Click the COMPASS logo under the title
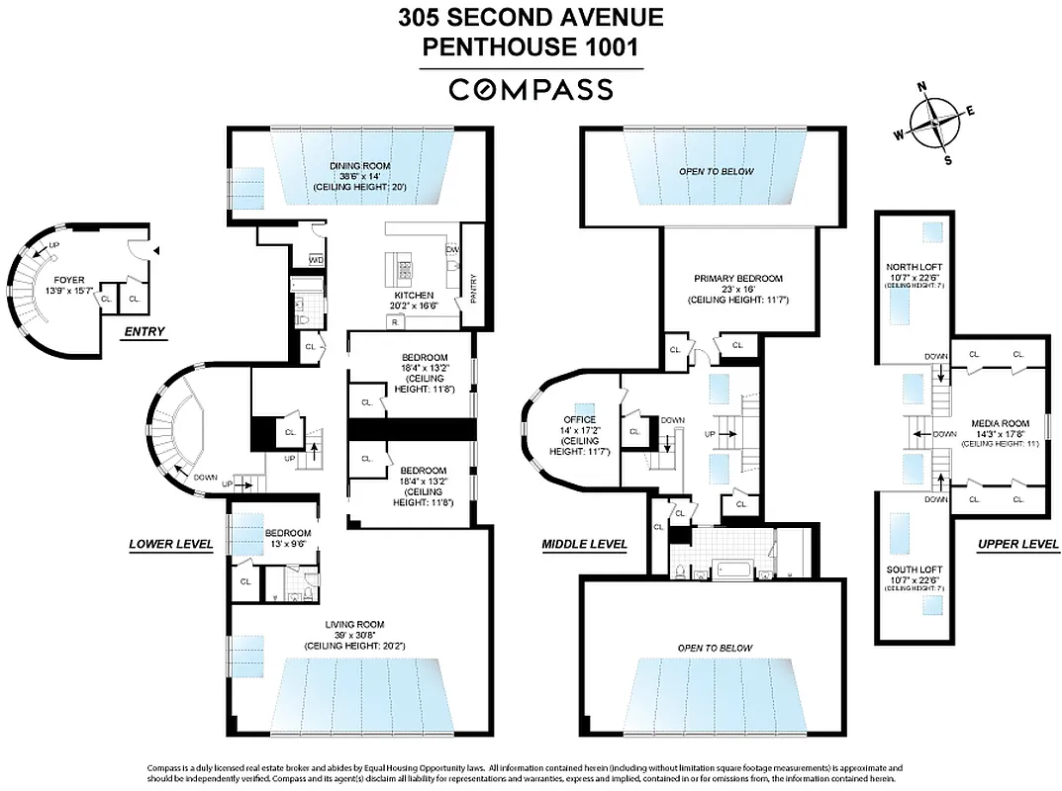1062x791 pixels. tap(531, 90)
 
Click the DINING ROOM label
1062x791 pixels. tap(360, 166)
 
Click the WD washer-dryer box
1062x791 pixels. tap(317, 259)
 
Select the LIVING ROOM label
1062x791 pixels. tap(354, 624)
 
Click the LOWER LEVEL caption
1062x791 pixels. tap(171, 544)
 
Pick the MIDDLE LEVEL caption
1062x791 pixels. tap(584, 544)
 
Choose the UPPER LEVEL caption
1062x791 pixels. tap(1017, 544)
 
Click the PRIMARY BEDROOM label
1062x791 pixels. tap(737, 278)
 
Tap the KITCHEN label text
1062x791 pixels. tap(414, 295)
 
